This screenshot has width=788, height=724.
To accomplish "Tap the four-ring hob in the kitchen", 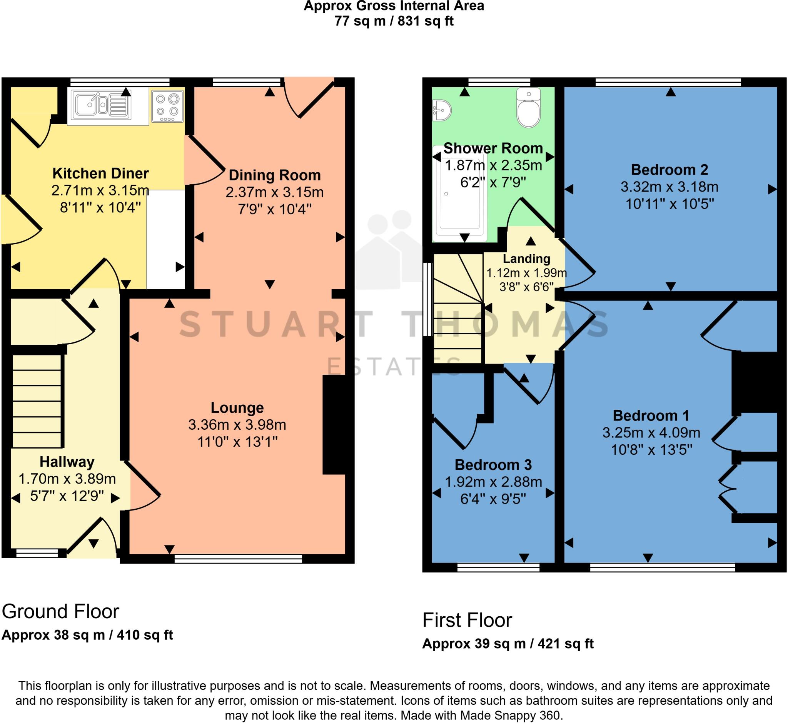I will [x=167, y=106].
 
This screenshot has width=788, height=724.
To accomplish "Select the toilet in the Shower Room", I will [x=529, y=108].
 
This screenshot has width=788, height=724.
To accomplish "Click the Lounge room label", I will [x=237, y=407].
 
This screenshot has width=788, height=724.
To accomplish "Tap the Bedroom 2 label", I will [x=669, y=170].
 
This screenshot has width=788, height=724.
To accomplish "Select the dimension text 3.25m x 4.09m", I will [x=651, y=432].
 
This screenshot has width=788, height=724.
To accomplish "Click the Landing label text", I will [x=526, y=259].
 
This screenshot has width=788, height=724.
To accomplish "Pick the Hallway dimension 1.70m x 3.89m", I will [x=67, y=479].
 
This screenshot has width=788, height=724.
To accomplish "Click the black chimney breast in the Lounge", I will [x=334, y=425].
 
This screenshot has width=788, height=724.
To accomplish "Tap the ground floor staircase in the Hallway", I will [x=38, y=401].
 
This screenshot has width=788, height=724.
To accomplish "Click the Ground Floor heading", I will [x=60, y=612].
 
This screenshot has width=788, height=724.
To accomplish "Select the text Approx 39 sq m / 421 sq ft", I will [x=508, y=644].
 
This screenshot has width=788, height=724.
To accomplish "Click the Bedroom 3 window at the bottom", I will [x=498, y=567].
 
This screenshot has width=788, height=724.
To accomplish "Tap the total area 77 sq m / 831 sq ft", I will [x=394, y=21].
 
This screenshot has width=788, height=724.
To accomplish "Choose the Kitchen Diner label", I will [x=100, y=173].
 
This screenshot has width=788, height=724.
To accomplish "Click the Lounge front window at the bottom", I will [x=238, y=558].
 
